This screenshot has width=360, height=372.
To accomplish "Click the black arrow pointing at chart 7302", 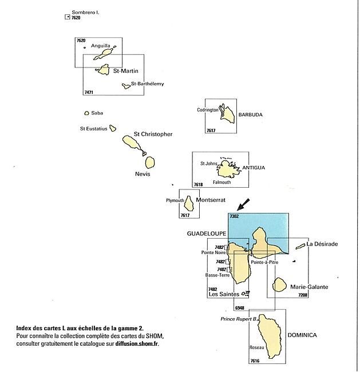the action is coord(243,204).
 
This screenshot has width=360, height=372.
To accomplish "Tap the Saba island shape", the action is coord(87,113).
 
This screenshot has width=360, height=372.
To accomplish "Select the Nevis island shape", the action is coord(150,163).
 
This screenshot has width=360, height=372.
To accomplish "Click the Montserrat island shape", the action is coord(189,203).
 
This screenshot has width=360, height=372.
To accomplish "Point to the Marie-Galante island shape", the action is coord(279,284).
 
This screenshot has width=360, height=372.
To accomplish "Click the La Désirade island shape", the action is coord(300,246).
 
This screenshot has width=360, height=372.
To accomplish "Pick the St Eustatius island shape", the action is coord(113,128).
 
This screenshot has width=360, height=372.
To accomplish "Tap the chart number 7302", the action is coord(234,216).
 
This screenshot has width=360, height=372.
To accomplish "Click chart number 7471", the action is coord(89,92).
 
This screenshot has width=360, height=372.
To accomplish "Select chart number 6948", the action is coord(239,308).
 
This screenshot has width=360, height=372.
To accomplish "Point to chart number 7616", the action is coord(255,361).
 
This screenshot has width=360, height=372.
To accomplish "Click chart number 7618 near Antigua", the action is coord(199,184).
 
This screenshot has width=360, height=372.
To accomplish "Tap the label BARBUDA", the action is coord(250,114).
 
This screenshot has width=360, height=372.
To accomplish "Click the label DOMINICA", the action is coord(302,335).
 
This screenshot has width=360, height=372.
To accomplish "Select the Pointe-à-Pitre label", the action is coord(264,262).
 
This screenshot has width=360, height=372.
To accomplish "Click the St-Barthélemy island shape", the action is coord(126,86).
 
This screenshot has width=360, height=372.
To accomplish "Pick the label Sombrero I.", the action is coord(85,13).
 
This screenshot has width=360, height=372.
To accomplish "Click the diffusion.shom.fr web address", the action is coord(137,343).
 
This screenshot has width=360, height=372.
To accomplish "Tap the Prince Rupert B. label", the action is coord(239,319).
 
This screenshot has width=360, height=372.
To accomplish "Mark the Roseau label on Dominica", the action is coord(256,347).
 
